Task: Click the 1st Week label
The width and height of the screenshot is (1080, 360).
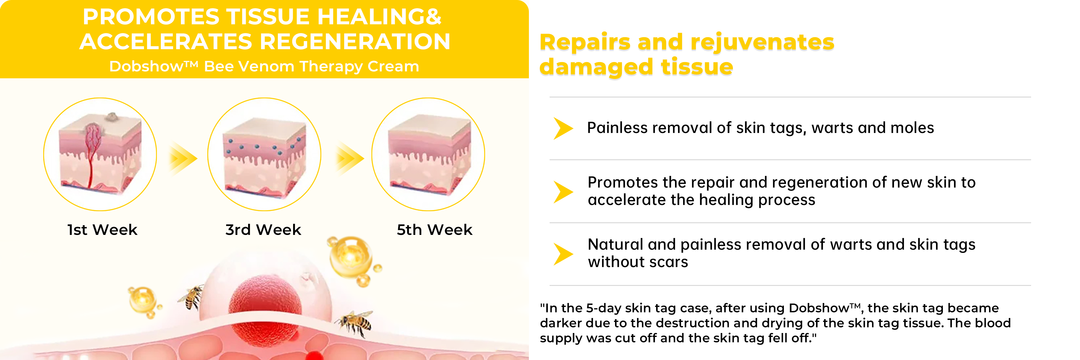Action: pos(102,230)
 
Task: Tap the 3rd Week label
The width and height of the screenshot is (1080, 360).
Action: pos(263,230)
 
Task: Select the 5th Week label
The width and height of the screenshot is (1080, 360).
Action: pos(434,230)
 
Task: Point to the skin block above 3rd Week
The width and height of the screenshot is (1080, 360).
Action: pos(265,157)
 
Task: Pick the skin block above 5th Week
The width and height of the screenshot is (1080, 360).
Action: pos(429,155)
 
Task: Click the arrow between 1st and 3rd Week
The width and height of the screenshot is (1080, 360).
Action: pos(183,158)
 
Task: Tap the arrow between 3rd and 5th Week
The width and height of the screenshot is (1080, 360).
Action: pos(350,158)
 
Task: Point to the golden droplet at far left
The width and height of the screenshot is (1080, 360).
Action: pos(142,300)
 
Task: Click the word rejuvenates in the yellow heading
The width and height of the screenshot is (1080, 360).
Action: pos(762,42)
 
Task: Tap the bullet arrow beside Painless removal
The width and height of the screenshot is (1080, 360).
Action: pos(563,128)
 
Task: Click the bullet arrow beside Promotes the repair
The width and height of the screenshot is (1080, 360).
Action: pos(563,192)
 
